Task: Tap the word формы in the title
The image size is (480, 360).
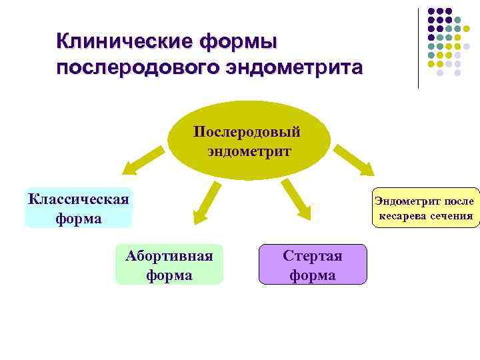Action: [238, 41]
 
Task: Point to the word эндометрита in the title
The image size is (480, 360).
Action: [296, 68]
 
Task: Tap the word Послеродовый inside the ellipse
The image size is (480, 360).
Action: [247, 131]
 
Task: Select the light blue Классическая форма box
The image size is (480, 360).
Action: [79, 207]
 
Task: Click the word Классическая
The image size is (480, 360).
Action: [79, 198]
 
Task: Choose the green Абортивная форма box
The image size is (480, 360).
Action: [169, 265]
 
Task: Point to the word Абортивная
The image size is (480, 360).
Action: [169, 255]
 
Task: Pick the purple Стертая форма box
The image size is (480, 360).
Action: [313, 265]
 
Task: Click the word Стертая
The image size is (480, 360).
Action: [313, 255]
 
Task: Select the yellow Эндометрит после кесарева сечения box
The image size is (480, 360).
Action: [425, 207]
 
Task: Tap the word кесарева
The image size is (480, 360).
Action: [403, 215]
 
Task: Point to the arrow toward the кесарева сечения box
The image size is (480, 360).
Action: [355, 161]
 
